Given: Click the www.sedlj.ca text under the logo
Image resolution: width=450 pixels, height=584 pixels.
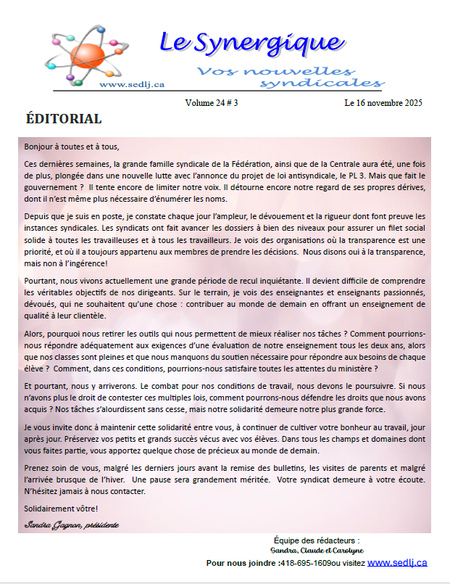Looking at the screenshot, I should pos(131,85).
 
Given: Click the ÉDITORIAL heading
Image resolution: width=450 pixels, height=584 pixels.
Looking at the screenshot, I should pos(64,119).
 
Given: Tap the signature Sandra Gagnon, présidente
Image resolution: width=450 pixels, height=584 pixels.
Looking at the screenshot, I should pos(71,524).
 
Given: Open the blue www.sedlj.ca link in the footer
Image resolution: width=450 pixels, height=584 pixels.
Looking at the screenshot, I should pos(397,562).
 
